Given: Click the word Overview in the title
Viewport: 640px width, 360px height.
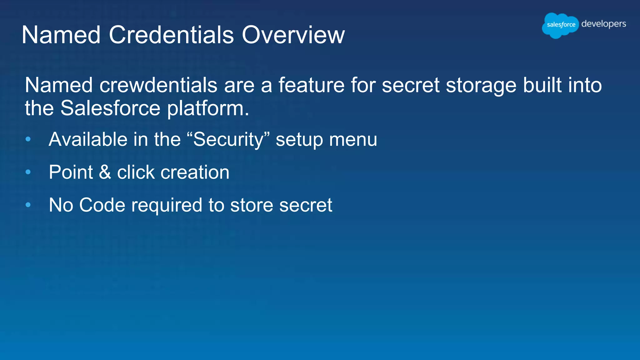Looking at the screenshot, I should click(x=293, y=35).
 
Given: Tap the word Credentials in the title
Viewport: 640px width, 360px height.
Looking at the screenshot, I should click(x=171, y=35).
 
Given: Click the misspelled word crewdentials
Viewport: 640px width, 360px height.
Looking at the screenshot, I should click(x=158, y=85).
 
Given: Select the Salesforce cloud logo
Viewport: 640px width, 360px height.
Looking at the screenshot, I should click(x=561, y=25).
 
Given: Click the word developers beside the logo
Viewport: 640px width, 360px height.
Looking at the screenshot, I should click(x=603, y=24).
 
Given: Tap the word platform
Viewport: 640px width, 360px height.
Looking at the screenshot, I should click(x=208, y=108).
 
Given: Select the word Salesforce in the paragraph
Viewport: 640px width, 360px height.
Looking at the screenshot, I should click(x=110, y=108).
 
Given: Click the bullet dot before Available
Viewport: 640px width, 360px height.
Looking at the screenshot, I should click(x=28, y=139).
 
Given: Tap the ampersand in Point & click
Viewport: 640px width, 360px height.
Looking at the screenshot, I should click(x=105, y=172).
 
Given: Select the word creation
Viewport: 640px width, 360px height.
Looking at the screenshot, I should click(x=195, y=172).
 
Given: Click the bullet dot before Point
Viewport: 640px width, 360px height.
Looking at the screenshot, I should click(x=28, y=172).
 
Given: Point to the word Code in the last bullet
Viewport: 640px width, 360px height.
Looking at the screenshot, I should click(x=102, y=205).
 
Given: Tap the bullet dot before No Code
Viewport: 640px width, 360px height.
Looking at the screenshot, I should click(x=28, y=205).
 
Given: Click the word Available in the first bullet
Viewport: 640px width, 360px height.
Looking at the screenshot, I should click(x=88, y=139).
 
